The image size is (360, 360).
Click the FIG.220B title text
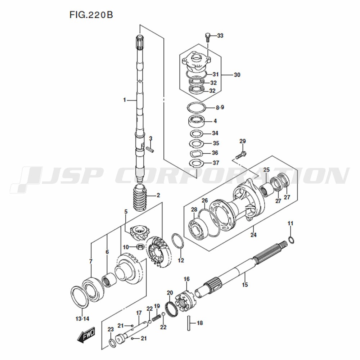coord(91,15)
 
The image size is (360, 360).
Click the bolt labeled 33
coord(208,37)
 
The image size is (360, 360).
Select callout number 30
coord(237,75)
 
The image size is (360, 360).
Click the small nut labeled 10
coord(140,247)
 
